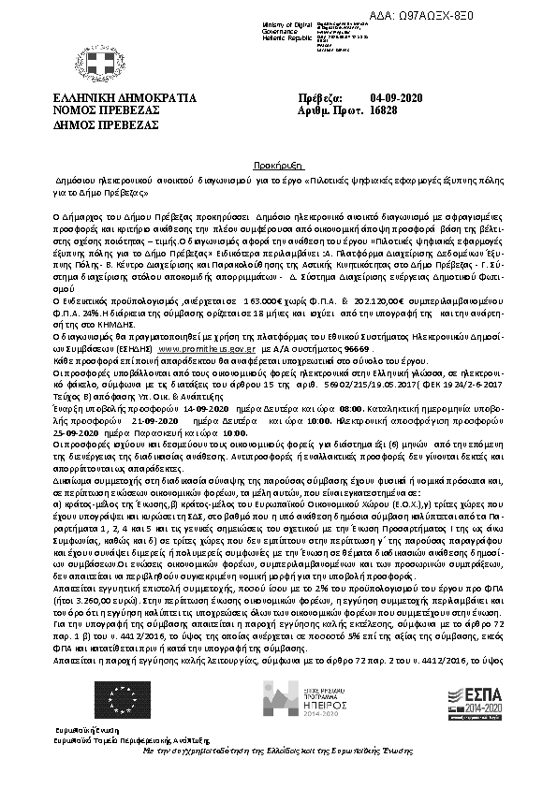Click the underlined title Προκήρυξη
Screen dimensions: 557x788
tap(277, 161)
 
